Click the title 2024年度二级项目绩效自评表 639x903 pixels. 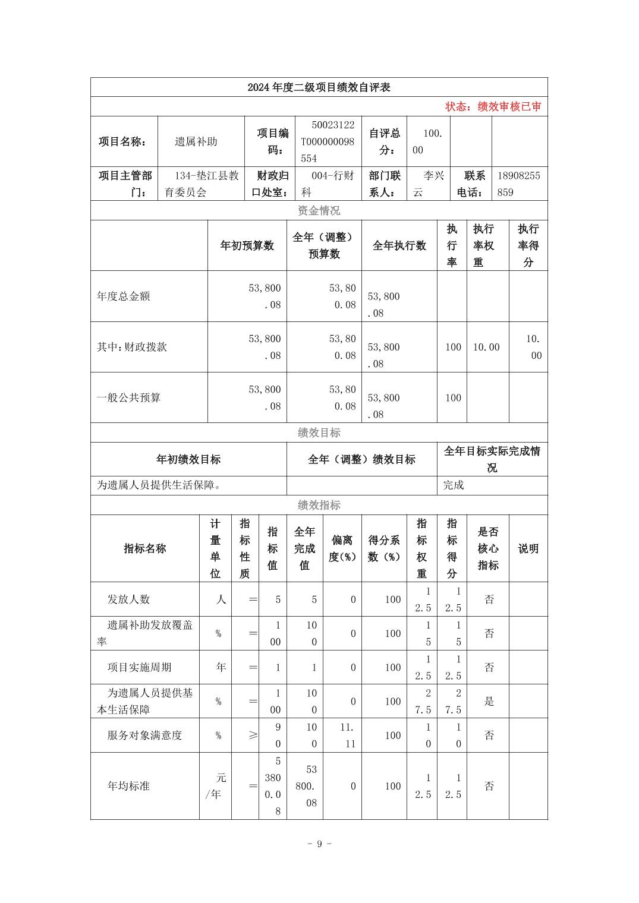coord(319,87)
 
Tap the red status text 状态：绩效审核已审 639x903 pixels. coord(493,107)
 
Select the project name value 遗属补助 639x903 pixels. coord(196,141)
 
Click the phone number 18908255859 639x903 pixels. coord(518,184)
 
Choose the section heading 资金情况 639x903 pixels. coord(319,211)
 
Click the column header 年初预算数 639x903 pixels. coord(247,246)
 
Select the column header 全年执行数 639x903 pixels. coord(399,246)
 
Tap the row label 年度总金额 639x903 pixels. coord(124,296)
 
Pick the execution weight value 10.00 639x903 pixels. coord(486,347)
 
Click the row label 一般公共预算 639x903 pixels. coord(129,397)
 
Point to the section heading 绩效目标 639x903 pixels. coord(319,432)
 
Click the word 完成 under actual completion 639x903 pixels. coord(454,485)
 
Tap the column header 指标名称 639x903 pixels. coord(144,548)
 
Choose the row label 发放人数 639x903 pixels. coord(128,599)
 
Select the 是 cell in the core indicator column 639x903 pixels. coord(489,702)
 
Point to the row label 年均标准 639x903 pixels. coord(128,786)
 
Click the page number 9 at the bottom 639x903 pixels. coord(319,844)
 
